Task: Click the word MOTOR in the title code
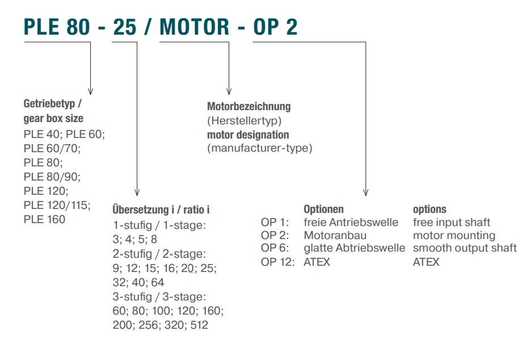[x=195, y=27]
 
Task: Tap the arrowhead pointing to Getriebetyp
[x=90, y=91]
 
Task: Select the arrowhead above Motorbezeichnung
[x=229, y=91]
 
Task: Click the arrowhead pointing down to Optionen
[x=366, y=192]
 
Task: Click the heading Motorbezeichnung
[x=249, y=106]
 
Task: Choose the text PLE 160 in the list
[x=44, y=219]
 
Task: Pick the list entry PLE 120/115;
[x=57, y=205]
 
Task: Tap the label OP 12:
[x=277, y=262]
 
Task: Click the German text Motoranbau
[x=335, y=235]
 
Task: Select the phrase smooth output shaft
[x=465, y=248]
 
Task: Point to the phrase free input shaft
[x=452, y=223]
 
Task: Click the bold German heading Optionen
[x=324, y=209]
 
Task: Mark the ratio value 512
[x=199, y=325]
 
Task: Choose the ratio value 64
[x=158, y=282]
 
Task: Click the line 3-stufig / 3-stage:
[x=159, y=297]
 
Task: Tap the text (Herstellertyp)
[x=244, y=121]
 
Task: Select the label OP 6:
[x=275, y=248]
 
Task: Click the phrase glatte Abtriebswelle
[x=354, y=248]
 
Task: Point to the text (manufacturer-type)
[x=260, y=148]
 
